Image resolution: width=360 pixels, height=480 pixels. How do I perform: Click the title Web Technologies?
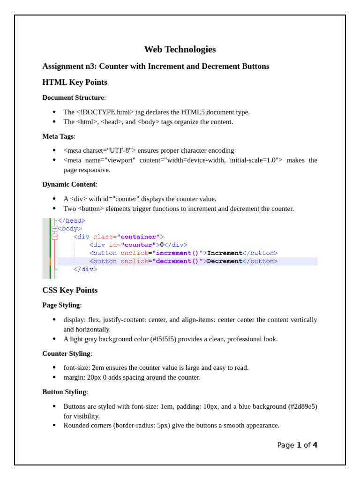(180, 49)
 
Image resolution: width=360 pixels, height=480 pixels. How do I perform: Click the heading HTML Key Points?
(75, 82)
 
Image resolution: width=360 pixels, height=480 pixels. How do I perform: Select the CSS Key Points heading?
(70, 290)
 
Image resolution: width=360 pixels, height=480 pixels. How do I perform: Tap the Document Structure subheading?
(73, 97)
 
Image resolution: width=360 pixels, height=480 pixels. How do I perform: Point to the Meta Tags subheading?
(58, 136)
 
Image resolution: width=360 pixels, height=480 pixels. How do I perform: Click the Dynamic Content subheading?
(69, 184)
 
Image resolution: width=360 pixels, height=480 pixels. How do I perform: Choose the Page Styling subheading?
(61, 305)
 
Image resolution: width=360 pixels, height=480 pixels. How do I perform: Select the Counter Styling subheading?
(66, 353)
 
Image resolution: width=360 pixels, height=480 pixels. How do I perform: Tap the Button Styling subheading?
(64, 392)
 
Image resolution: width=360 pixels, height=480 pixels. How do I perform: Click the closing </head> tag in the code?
(72, 221)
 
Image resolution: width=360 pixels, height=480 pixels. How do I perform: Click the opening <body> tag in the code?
(69, 229)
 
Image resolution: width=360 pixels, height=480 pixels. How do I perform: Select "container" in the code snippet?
(138, 237)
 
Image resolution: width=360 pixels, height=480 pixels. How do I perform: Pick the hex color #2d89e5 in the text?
(302, 406)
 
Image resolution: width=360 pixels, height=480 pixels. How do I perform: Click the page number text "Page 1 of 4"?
(297, 445)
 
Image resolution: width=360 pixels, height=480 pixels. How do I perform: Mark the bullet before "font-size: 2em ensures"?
(54, 367)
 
